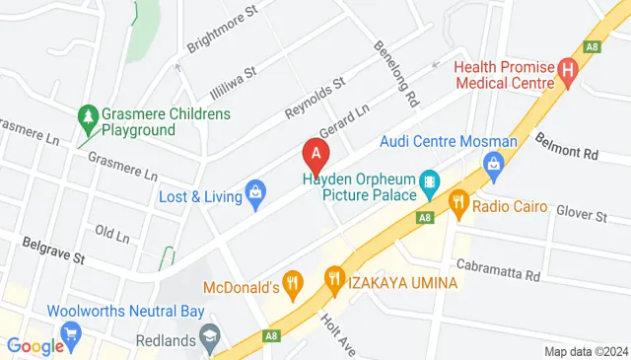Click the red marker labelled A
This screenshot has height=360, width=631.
pyautogui.click(x=315, y=155)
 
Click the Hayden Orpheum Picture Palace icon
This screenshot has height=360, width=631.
pyautogui.click(x=429, y=181)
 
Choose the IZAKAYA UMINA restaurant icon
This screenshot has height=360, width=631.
pyautogui.click(x=334, y=281)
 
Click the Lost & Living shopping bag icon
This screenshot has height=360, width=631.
pyautogui.click(x=255, y=194)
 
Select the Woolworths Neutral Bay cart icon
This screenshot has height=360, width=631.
pyautogui.click(x=70, y=332)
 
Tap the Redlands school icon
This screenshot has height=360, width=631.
pyautogui.click(x=210, y=337)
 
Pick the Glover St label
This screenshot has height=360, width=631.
pyautogui.click(x=581, y=214)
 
